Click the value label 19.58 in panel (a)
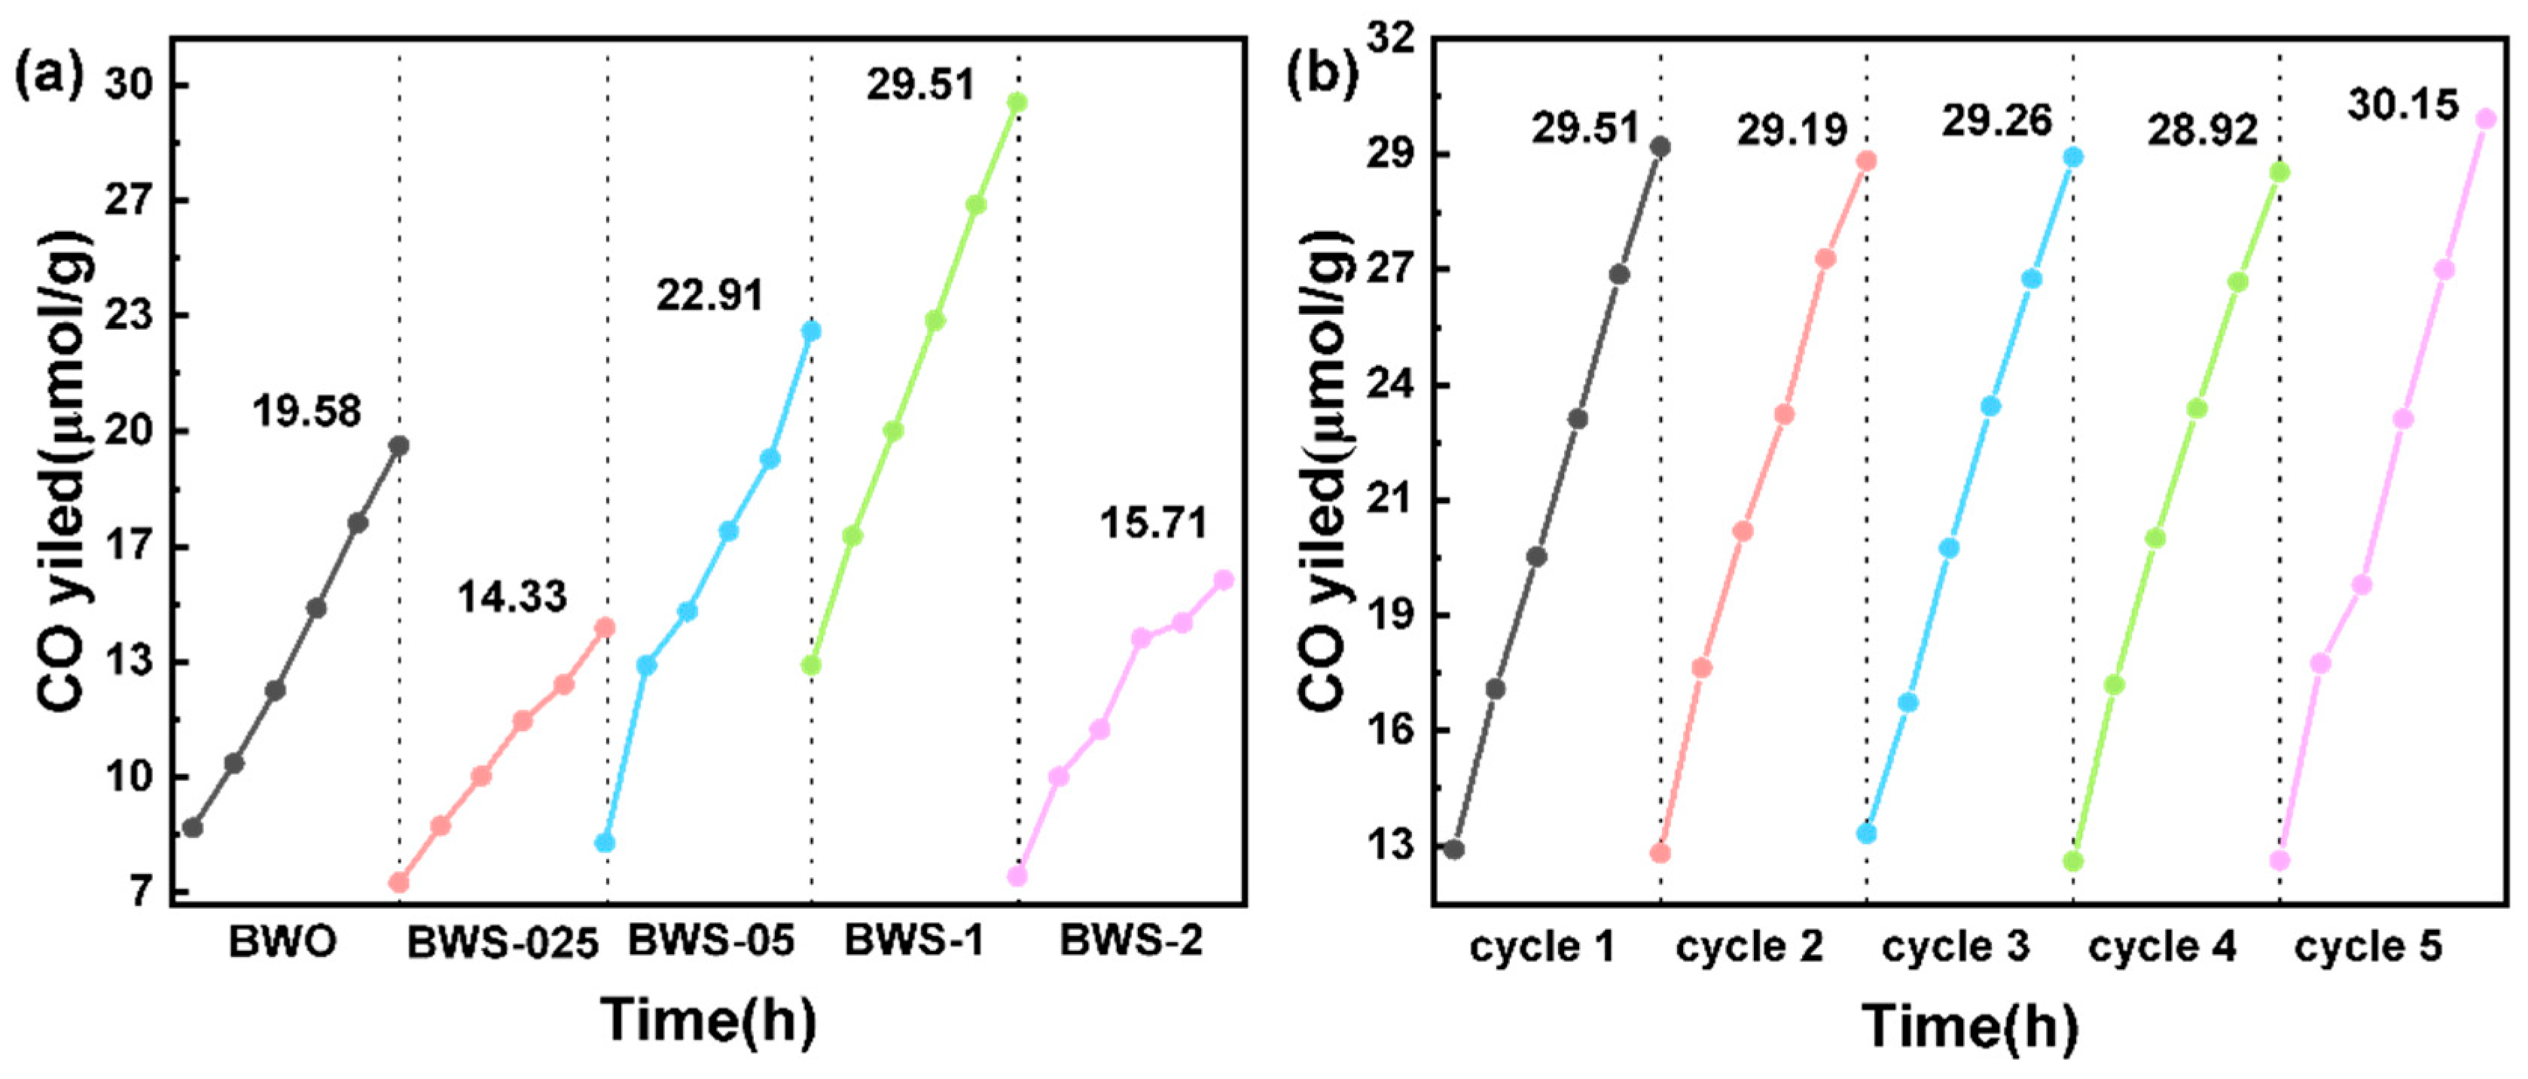click(306, 411)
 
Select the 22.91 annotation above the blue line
click(709, 294)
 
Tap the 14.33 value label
click(511, 596)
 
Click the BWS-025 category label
click(502, 943)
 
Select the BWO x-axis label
click(282, 943)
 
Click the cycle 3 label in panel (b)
click(1955, 946)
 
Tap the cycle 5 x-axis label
click(2368, 946)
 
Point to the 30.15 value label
click(2403, 105)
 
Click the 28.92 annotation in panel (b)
click(2202, 130)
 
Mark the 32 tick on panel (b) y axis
click(1392, 39)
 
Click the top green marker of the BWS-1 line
click(1017, 102)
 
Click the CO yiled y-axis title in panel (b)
click(1323, 471)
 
